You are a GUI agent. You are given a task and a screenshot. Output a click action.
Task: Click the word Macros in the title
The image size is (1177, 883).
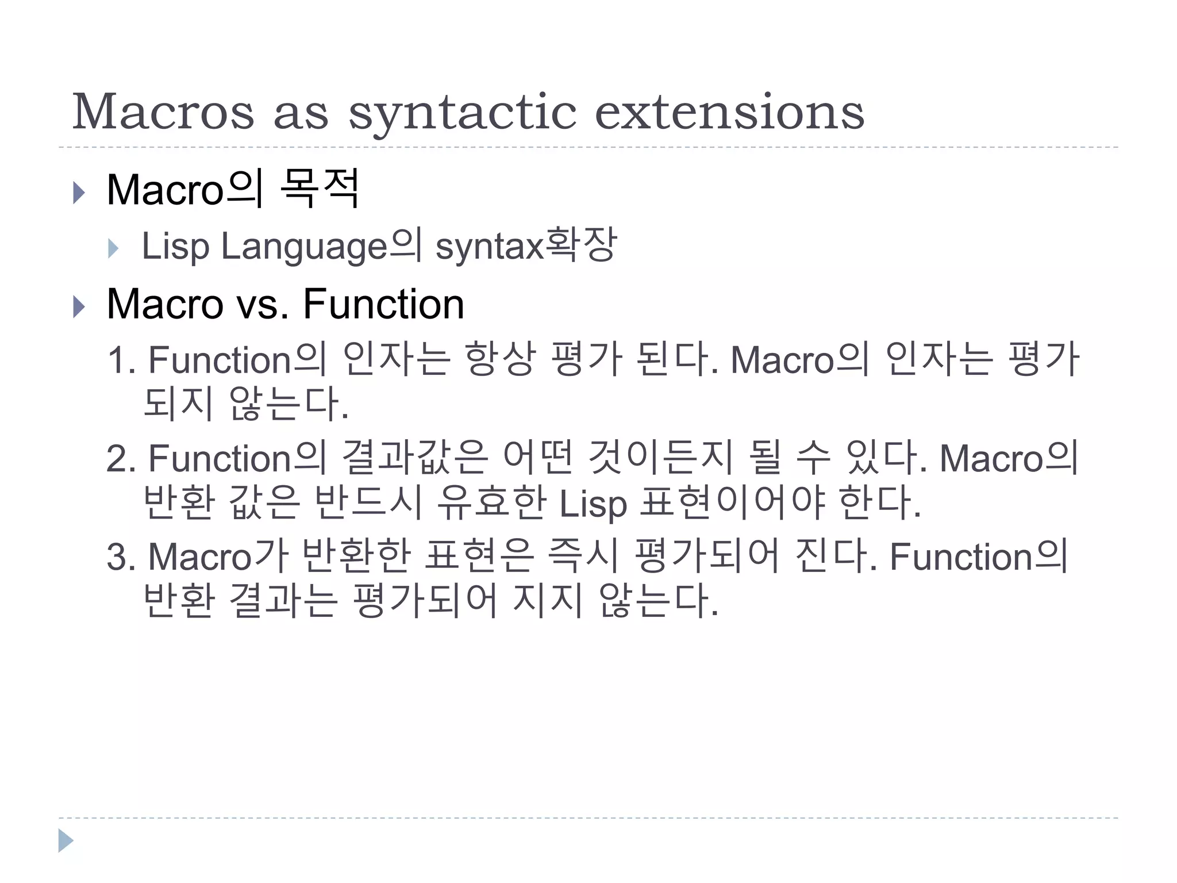pos(163,112)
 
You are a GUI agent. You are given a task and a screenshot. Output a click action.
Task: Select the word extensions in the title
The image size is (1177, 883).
pos(729,112)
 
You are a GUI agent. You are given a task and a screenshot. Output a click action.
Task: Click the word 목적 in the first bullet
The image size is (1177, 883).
pos(321,188)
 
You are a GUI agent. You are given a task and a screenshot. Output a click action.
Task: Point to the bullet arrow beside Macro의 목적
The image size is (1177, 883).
pos(79,192)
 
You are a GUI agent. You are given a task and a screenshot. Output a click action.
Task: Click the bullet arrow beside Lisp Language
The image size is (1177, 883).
pos(113,248)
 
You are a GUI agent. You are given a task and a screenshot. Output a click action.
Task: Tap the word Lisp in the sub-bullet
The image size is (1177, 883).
pos(175,247)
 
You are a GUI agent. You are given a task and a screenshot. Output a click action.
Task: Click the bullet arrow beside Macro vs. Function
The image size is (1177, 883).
pos(79,306)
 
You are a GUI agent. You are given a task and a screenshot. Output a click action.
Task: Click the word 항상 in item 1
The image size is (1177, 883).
pos(499,359)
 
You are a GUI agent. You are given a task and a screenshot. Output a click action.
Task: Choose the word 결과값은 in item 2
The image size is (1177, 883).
pos(414,458)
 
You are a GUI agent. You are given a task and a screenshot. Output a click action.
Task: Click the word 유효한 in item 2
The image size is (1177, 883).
pos(491,502)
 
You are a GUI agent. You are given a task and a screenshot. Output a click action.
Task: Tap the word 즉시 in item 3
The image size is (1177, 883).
pos(583,556)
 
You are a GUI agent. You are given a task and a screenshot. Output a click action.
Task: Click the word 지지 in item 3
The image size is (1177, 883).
pos(548,600)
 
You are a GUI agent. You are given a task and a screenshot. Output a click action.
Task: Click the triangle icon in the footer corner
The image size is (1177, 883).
pos(66,840)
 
